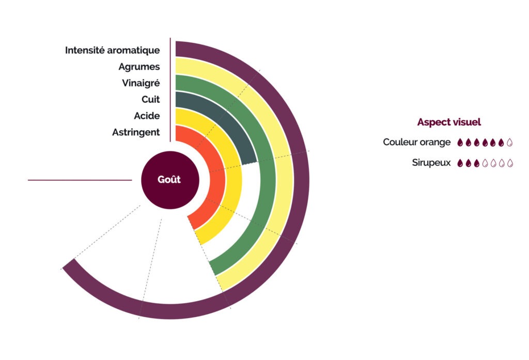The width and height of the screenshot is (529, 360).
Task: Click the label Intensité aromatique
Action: pyautogui.click(x=112, y=51)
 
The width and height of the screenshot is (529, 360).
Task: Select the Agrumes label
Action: pyautogui.click(x=139, y=67)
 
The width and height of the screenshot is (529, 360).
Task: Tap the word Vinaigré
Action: pyautogui.click(x=141, y=83)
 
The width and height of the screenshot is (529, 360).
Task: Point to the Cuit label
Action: pyautogui.click(x=150, y=100)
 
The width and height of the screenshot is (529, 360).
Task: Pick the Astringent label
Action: pyautogui.click(x=136, y=133)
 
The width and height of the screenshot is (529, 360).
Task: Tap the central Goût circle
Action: pyautogui.click(x=170, y=180)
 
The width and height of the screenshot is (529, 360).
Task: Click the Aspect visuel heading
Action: pyautogui.click(x=449, y=122)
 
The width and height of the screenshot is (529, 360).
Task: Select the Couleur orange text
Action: pyautogui.click(x=416, y=142)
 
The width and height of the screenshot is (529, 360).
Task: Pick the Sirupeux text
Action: pyautogui.click(x=431, y=163)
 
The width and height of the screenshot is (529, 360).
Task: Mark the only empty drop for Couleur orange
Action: pyautogui.click(x=510, y=142)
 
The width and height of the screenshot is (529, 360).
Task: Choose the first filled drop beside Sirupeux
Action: pyautogui.click(x=460, y=163)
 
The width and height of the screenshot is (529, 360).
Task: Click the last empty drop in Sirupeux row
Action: pyautogui.click(x=510, y=163)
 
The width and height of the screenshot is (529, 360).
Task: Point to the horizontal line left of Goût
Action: pyautogui.click(x=80, y=180)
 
